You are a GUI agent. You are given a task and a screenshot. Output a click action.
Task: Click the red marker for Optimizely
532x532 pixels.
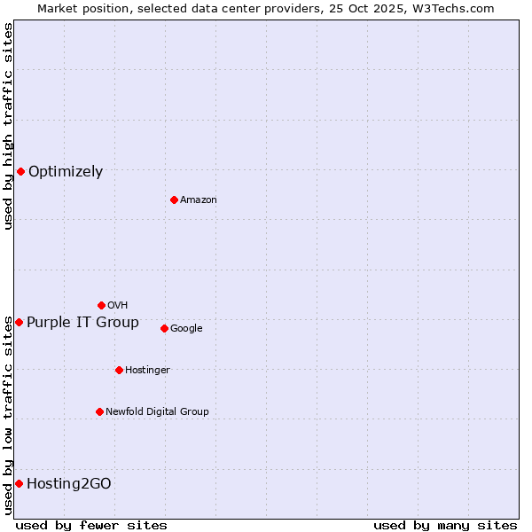[20, 171]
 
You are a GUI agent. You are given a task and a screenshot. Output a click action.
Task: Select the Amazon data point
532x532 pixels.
[174, 199]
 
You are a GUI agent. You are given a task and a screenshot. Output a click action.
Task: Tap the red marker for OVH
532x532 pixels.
[101, 305]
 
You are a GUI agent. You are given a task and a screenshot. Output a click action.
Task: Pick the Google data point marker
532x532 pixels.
[164, 328]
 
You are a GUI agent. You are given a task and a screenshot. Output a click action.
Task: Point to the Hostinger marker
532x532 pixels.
[119, 370]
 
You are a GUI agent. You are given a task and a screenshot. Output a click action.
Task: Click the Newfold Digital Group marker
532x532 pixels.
[99, 411]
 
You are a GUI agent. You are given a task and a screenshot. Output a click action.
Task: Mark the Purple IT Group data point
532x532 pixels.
[19, 322]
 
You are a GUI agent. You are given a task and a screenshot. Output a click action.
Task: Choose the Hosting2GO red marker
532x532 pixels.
[19, 483]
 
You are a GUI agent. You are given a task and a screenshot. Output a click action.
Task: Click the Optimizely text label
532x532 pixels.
[66, 172]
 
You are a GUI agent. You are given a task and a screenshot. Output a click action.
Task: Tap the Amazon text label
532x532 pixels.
[199, 200]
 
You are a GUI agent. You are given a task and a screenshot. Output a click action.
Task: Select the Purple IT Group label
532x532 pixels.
[82, 323]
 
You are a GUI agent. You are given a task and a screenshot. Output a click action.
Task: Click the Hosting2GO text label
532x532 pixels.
[69, 484]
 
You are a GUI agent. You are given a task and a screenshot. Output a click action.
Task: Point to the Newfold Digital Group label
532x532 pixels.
[157, 411]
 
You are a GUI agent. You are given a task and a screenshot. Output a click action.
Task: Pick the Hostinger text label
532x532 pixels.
[147, 370]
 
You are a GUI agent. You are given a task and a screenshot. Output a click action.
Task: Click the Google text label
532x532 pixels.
[186, 329]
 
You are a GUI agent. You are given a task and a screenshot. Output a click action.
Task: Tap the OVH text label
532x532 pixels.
[117, 306]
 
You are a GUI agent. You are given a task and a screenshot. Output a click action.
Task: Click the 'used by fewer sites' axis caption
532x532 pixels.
[91, 525]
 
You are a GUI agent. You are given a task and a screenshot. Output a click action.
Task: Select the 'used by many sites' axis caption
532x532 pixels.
[444, 525]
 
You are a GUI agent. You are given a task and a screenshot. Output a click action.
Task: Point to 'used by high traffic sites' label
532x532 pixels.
[8, 126]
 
